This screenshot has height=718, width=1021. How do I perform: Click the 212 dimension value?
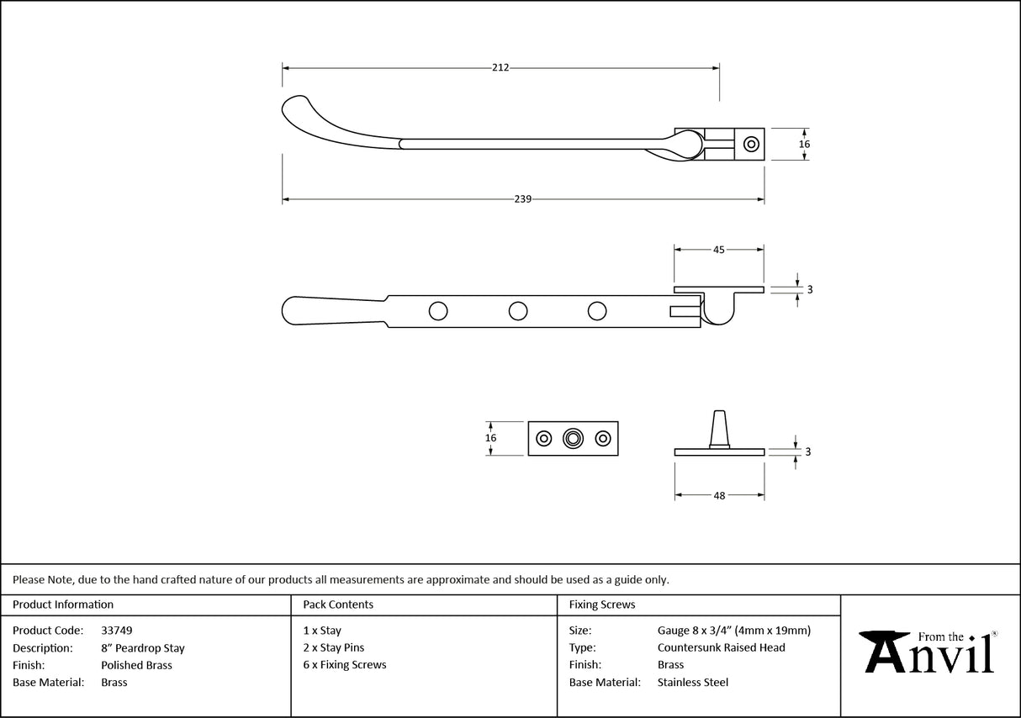coord(500,67)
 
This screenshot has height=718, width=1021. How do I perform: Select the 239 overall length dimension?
coord(522,199)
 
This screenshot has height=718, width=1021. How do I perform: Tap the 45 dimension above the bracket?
coord(719,249)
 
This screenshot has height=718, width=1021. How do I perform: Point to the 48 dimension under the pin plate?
coord(719,496)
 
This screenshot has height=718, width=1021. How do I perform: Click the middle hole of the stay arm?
coord(518,311)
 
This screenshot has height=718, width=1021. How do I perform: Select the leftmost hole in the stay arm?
coord(438,311)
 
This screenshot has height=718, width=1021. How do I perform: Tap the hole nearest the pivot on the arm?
coord(597,311)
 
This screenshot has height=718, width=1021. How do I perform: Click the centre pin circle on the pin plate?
coord(574,438)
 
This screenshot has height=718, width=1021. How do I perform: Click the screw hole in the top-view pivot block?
coord(750,144)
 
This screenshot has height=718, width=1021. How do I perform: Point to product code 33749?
coord(116,630)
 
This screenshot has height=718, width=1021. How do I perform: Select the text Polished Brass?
coord(136,665)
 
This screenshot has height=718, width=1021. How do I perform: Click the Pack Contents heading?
coord(338,604)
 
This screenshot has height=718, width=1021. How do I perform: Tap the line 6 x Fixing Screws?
coord(345,665)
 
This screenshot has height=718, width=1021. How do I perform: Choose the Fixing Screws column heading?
coord(602,604)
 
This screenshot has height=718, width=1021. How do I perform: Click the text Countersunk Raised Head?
coord(721,647)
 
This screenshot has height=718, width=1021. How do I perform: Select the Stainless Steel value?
coord(693,683)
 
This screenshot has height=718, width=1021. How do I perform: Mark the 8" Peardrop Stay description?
coord(142,648)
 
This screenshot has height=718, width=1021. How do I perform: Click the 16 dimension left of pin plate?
coord(491,438)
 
